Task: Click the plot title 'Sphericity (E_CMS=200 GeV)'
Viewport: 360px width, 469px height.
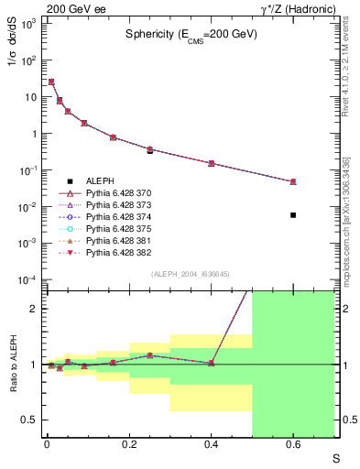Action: pyautogui.click(x=191, y=35)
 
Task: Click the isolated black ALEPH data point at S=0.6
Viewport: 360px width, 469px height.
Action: pyautogui.click(x=293, y=214)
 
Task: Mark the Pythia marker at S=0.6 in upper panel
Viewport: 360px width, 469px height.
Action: pyautogui.click(x=293, y=181)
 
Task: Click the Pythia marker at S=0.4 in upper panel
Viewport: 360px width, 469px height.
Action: pyautogui.click(x=211, y=163)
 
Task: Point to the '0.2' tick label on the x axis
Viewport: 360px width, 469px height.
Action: pyautogui.click(x=128, y=446)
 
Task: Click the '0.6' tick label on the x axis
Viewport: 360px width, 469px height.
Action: pyautogui.click(x=293, y=446)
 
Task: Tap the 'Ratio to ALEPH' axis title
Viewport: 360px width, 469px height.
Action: pyautogui.click(x=13, y=364)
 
